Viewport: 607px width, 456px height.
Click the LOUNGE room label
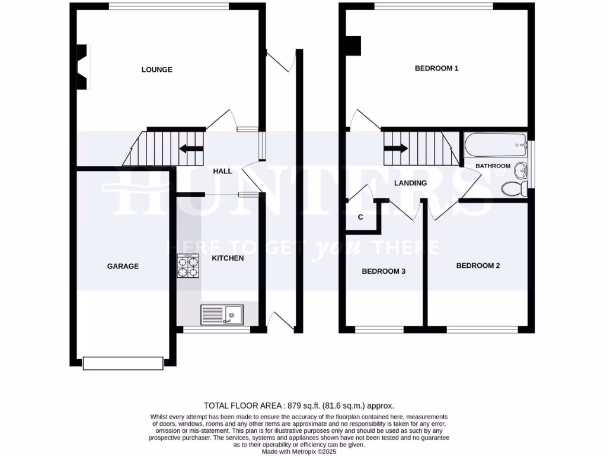click(x=156, y=69)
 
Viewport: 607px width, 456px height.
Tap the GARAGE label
click(x=123, y=266)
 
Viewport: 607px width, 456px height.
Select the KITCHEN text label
click(x=228, y=258)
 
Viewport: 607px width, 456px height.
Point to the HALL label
click(x=222, y=171)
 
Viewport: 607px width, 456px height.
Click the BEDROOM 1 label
click(x=436, y=68)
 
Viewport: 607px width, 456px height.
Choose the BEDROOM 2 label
click(x=478, y=265)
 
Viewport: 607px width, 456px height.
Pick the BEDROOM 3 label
click(x=384, y=271)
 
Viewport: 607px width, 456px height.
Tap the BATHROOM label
click(x=493, y=166)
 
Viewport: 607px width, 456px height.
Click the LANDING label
click(x=410, y=183)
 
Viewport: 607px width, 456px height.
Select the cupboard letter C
click(x=360, y=217)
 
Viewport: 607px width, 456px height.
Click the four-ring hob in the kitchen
click(x=188, y=266)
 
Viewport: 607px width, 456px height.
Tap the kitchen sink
click(x=221, y=313)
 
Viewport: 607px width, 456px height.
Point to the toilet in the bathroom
click(x=513, y=189)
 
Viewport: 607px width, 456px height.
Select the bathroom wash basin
click(x=520, y=170)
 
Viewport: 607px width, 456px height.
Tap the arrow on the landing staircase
click(x=397, y=148)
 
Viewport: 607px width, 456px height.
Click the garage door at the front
click(x=123, y=363)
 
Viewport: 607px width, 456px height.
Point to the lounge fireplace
click(x=82, y=67)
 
